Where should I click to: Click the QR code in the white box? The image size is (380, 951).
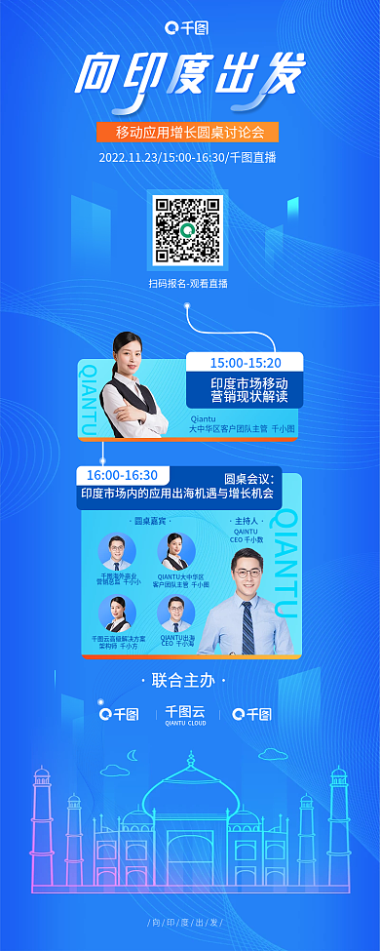187,231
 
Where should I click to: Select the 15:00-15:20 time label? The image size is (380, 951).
243,363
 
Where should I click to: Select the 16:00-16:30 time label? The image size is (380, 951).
122,475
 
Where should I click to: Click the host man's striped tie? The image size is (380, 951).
247,625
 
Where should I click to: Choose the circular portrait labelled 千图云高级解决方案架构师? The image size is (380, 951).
117,613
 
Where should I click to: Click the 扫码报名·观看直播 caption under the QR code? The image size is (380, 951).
188,283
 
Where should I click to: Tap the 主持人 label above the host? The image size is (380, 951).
246,521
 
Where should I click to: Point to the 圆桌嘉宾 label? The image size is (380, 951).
147,521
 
